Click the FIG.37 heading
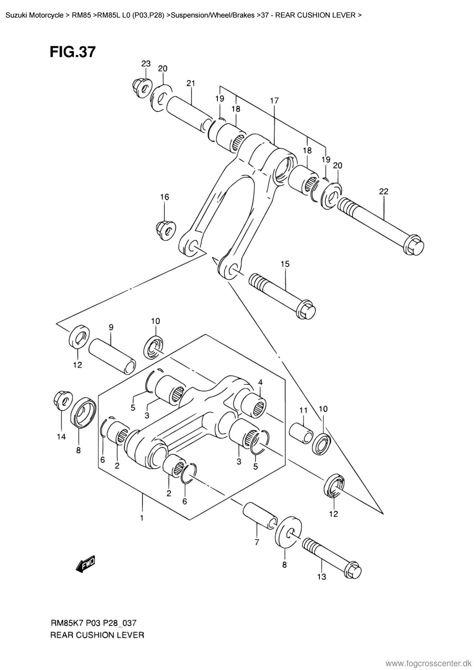(x=73, y=52)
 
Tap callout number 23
(x=146, y=64)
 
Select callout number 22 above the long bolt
(x=383, y=191)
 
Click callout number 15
(x=285, y=264)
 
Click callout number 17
(x=274, y=101)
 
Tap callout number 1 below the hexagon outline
(x=142, y=518)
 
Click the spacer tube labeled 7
(x=259, y=516)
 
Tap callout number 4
(x=260, y=382)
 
